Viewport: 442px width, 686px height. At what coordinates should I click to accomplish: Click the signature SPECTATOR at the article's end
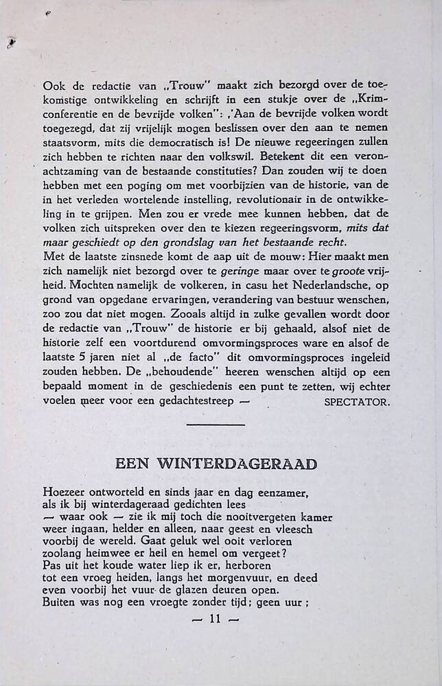point(356,402)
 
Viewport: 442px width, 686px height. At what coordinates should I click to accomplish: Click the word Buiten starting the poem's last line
point(60,603)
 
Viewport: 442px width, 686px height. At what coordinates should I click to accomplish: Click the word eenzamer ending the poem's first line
point(279,492)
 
